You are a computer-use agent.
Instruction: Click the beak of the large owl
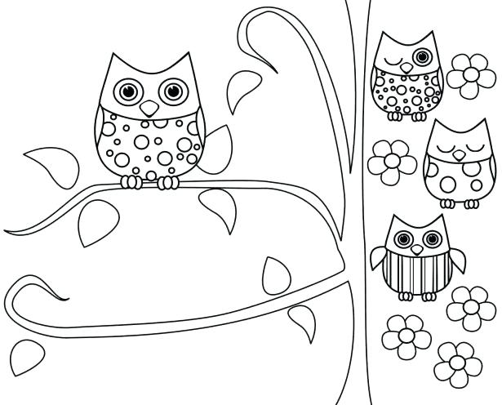(148, 108)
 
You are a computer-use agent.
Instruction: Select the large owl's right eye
(171, 91)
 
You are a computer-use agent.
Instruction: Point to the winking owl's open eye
(422, 56)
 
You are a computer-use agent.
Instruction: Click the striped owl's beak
(415, 248)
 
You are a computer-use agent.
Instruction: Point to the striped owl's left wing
(376, 265)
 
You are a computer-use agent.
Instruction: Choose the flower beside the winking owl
(469, 75)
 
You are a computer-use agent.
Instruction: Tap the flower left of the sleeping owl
(392, 160)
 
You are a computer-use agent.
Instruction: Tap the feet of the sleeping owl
(457, 202)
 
